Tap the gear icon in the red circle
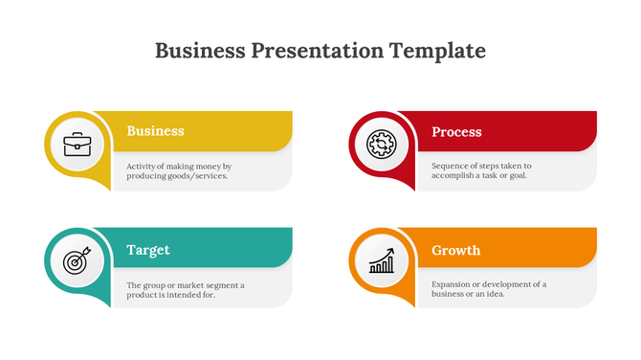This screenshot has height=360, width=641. coord(381,145)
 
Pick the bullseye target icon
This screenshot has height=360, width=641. coord(76,260)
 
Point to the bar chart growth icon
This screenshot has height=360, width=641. coord(381,260)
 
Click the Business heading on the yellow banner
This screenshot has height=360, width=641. coord(155,131)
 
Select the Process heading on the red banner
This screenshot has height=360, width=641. coord(456,131)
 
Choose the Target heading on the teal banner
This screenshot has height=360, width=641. coord(148,250)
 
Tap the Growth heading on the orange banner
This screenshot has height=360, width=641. coord(455,250)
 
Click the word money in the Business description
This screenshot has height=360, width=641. coord(210,166)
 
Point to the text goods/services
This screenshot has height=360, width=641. coord(197,176)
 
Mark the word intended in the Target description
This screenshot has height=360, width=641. coord(183,295)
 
